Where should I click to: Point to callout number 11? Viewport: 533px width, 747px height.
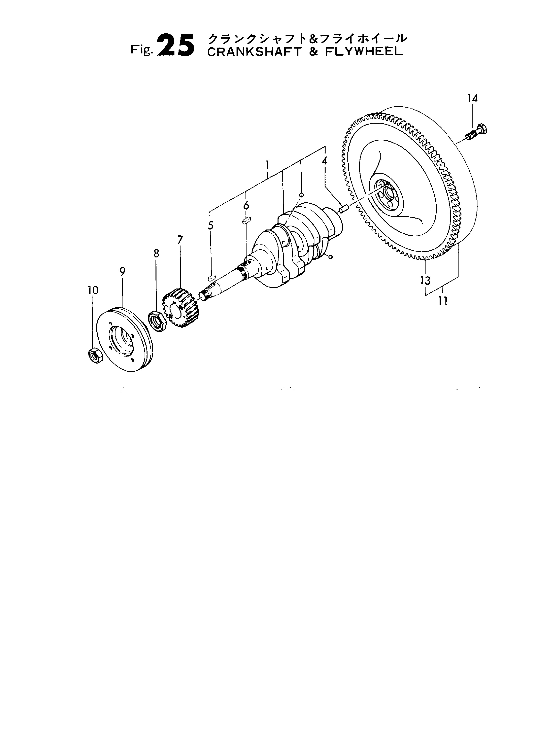coord(443,301)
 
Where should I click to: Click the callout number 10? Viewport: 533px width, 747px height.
coord(93,290)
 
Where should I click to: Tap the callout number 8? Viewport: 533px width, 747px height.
coord(156,253)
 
